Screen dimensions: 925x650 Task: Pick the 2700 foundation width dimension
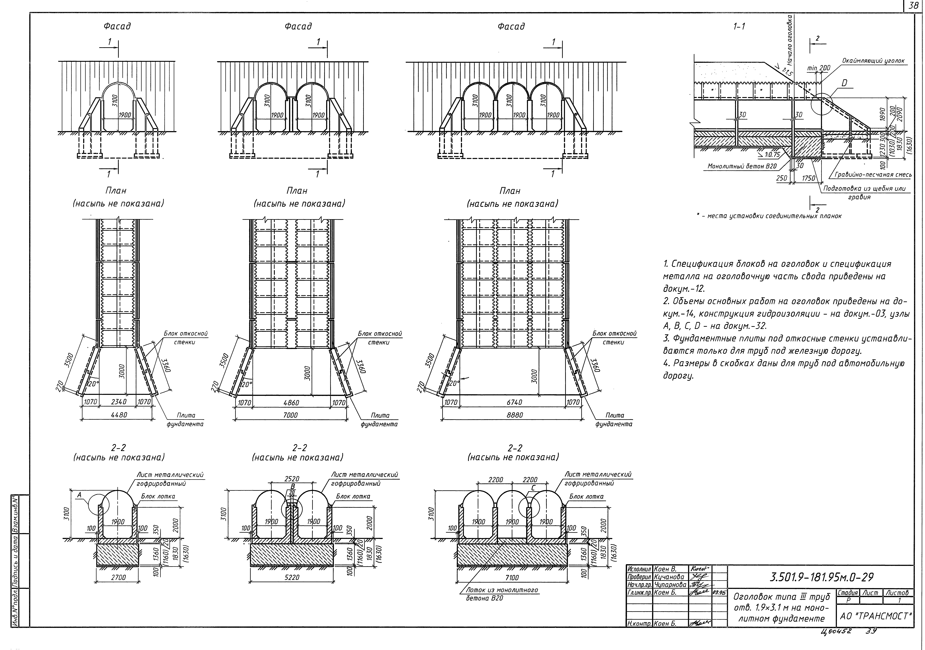coord(118,578)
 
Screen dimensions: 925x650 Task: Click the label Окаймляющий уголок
coord(873,61)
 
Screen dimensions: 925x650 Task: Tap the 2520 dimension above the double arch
coord(292,479)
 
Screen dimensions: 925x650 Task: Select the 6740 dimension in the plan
coord(515,402)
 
